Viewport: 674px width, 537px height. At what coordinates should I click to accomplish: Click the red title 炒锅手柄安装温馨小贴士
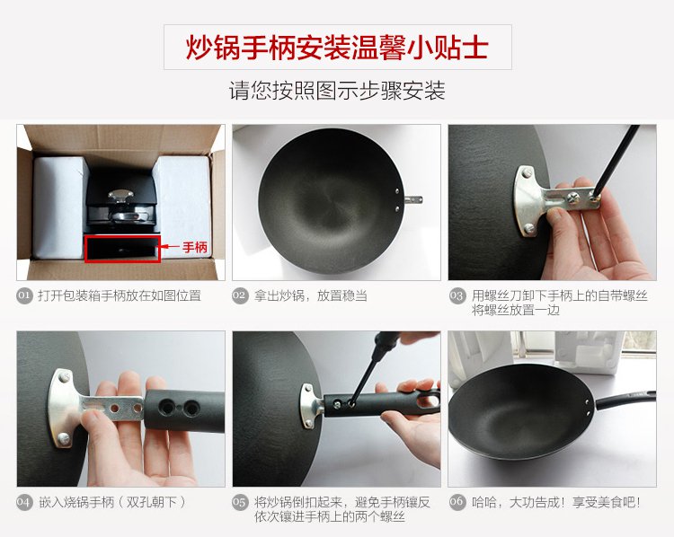click(337, 47)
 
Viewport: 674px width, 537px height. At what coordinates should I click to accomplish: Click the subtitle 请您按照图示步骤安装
click(337, 90)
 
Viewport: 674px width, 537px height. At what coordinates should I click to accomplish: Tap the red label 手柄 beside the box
click(195, 248)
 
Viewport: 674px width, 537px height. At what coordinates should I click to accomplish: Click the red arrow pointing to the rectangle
click(170, 247)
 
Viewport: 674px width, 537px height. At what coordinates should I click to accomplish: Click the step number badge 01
click(25, 295)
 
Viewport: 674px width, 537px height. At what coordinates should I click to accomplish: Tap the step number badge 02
click(240, 295)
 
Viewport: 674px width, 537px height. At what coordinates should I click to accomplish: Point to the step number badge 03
click(457, 295)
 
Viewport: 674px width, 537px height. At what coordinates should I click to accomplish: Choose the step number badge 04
click(25, 502)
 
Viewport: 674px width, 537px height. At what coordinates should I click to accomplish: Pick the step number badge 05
click(240, 502)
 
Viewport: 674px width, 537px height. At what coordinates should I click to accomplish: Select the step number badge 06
click(457, 502)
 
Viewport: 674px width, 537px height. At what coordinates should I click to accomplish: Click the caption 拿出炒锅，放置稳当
click(310, 295)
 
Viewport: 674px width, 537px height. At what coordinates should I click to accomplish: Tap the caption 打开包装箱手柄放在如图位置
click(120, 295)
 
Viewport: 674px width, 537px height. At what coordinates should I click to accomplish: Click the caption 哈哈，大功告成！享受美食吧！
click(556, 502)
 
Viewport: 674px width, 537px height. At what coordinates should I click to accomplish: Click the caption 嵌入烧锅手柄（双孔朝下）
click(112, 502)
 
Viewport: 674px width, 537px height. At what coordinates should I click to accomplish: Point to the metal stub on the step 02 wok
click(413, 199)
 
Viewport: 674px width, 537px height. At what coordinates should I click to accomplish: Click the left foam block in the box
click(58, 207)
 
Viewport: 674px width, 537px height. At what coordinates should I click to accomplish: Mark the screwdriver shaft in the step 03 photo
click(616, 161)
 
